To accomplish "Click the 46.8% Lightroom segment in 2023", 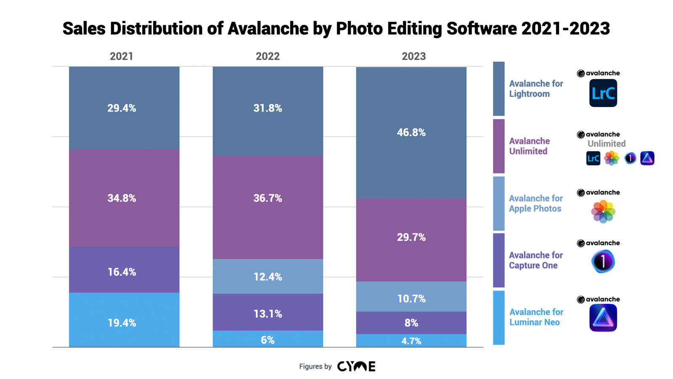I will [411, 133].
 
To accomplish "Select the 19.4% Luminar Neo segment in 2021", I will [124, 320].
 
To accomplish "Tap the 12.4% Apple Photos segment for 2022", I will [268, 276].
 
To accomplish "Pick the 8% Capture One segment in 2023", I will [411, 323].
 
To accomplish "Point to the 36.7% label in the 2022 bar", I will [268, 198].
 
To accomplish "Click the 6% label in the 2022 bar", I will [268, 340].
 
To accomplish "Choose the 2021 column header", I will [122, 56].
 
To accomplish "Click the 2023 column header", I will [413, 56].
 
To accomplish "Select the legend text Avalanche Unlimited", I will [529, 146].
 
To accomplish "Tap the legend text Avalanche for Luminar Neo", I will [536, 317].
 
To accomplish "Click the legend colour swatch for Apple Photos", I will [498, 203].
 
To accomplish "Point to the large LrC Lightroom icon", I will [603, 93].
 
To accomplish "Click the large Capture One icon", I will [603, 262].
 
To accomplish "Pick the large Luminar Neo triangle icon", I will [603, 318].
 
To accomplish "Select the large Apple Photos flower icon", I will [603, 211].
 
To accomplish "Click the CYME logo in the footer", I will [356, 366].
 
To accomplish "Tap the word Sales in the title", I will [84, 29].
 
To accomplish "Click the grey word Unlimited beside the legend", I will [606, 144].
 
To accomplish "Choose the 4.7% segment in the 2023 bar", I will [411, 341].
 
